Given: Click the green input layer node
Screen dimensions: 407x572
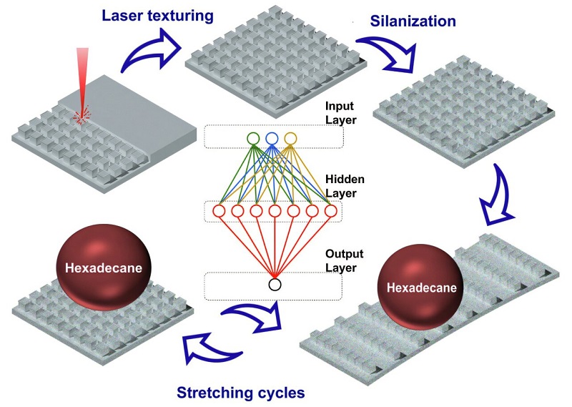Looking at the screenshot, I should (x=252, y=138).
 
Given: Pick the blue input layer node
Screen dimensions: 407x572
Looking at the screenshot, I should (x=272, y=138).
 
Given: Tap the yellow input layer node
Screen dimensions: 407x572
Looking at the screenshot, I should (x=290, y=138).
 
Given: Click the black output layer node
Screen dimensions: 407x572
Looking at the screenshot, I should (x=275, y=285).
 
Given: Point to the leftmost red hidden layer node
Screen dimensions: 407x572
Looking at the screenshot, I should (x=219, y=211).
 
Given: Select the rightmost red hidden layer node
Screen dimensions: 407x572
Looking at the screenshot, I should (x=330, y=211).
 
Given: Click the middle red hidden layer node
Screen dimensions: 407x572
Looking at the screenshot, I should (x=275, y=211).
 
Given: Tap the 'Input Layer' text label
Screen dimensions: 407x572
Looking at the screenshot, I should (x=340, y=112).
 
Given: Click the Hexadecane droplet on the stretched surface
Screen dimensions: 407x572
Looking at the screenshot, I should (x=421, y=288).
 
